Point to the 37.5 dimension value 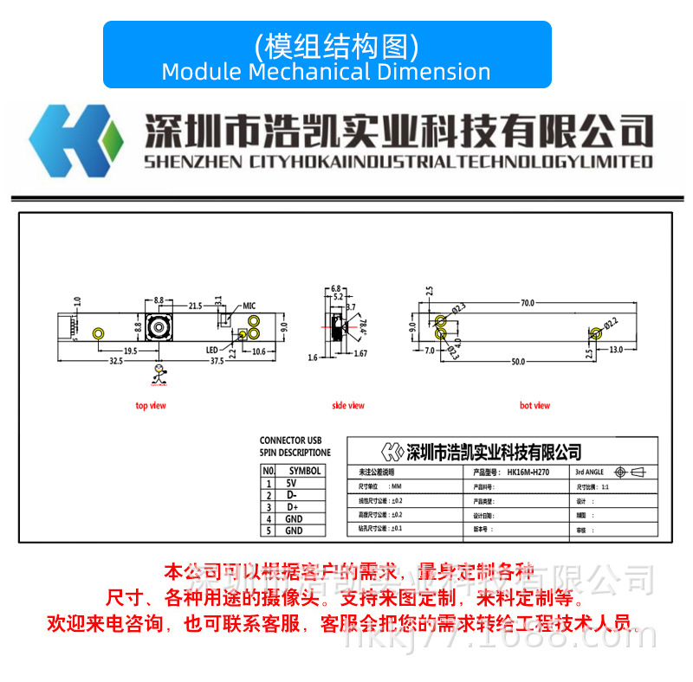217,361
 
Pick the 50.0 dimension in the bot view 517,361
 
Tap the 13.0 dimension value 615,350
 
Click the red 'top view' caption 151,405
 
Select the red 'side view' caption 348,405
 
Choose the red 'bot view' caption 534,405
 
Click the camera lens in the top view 159,328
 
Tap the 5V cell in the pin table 292,484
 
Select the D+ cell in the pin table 292,507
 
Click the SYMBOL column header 304,471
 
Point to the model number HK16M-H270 530,473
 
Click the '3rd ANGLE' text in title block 591,473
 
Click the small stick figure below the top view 159,374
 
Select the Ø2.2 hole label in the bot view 610,324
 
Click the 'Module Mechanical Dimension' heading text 326,71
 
